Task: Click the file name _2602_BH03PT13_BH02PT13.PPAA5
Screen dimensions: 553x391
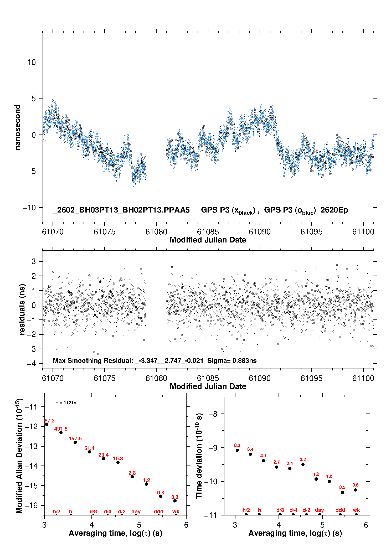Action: (x=121, y=210)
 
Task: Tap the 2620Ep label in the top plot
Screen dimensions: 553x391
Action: (x=334, y=210)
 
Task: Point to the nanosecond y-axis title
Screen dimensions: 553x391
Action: (x=17, y=127)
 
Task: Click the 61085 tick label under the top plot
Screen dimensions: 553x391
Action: (x=208, y=232)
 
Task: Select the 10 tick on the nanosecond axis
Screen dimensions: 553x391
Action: (x=32, y=62)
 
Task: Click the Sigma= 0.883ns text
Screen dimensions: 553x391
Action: (x=232, y=360)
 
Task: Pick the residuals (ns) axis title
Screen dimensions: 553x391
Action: (x=22, y=309)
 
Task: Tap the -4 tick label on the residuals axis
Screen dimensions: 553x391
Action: (x=32, y=364)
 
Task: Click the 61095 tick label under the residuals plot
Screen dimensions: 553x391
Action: (x=311, y=378)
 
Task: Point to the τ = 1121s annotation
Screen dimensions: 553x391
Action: (x=66, y=403)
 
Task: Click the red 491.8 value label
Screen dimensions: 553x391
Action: (x=61, y=429)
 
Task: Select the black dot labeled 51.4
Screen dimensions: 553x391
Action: (x=89, y=452)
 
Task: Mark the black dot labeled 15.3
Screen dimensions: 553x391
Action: (x=118, y=462)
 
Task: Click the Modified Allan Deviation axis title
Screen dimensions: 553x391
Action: (x=19, y=456)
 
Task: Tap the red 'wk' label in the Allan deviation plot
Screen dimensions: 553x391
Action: (x=176, y=511)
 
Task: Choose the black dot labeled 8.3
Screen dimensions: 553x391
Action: (x=237, y=450)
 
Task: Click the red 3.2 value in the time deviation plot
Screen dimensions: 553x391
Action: (x=303, y=459)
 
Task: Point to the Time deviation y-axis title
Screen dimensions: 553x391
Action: (x=199, y=456)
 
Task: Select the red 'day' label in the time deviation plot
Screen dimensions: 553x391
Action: (x=319, y=510)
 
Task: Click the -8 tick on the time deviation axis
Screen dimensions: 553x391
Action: (x=213, y=414)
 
